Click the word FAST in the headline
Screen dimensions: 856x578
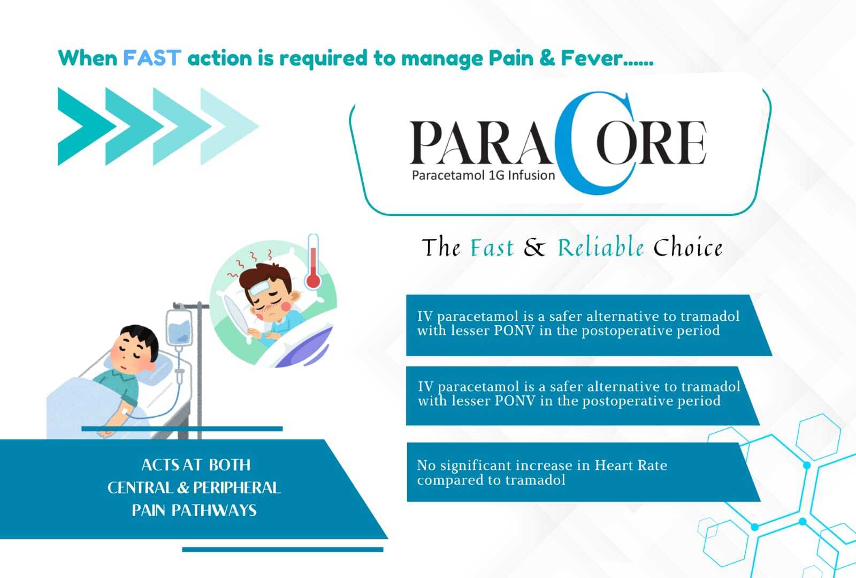click(x=152, y=58)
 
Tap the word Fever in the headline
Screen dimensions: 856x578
click(x=592, y=58)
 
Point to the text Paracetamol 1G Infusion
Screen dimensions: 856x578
click(x=484, y=176)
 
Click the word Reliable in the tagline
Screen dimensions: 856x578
click(x=600, y=247)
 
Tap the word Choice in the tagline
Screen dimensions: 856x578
click(x=688, y=247)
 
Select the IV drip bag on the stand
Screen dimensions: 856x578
click(x=179, y=329)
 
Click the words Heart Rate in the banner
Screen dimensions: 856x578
click(x=631, y=465)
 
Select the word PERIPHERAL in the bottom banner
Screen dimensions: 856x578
click(x=236, y=487)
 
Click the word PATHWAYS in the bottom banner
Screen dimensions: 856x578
click(x=214, y=511)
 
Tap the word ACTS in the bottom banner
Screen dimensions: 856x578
click(x=159, y=465)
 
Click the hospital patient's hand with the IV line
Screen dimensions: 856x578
click(x=105, y=433)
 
